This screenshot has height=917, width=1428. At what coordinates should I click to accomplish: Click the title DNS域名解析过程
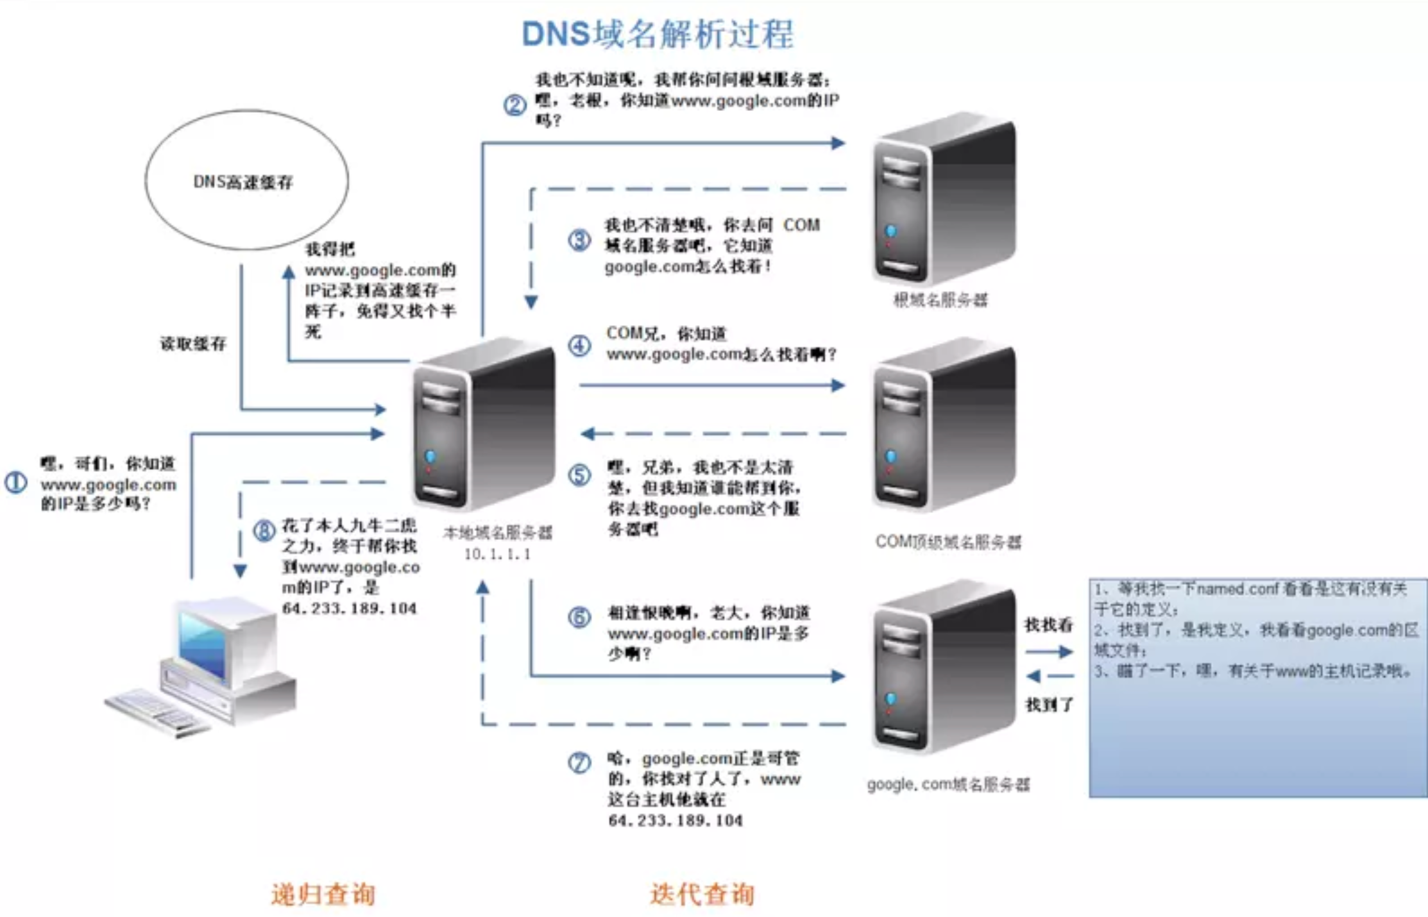658,34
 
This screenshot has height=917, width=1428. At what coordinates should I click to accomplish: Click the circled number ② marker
514,105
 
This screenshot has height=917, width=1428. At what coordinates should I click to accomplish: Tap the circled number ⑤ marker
579,475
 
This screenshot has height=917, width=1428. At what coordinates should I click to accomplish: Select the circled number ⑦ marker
579,762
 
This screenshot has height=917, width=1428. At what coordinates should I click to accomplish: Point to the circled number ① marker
16,482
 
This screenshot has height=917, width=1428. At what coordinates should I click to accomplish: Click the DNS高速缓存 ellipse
246,180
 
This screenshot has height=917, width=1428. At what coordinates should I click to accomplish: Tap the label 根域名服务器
940,300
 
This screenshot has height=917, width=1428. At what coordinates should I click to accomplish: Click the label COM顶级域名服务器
948,542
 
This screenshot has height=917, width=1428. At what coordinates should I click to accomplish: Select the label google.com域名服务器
948,784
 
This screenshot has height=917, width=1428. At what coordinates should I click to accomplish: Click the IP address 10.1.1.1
497,554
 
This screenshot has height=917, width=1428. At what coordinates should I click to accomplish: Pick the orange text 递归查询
323,894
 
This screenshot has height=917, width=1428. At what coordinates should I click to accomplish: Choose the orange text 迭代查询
702,894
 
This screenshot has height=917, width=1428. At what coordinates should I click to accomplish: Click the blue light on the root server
890,231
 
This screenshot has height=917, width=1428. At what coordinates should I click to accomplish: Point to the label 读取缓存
193,344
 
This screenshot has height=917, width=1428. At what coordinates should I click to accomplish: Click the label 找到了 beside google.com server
1049,705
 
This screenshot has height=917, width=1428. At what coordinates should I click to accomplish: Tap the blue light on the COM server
890,457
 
